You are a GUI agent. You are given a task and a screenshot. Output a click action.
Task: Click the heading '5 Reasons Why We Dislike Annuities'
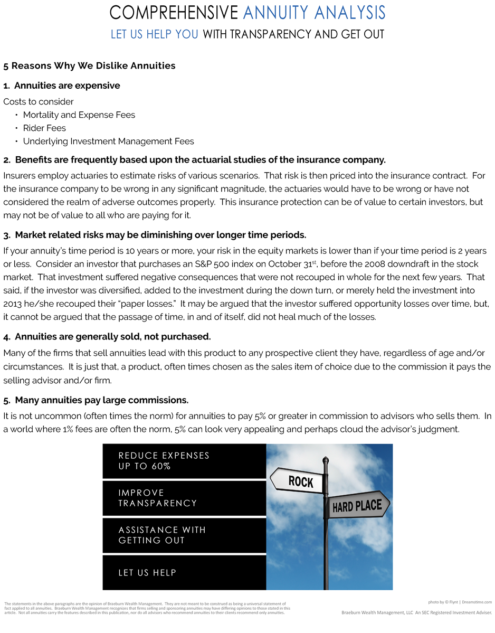tap(89, 66)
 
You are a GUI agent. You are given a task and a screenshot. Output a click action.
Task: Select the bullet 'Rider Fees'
tap(44, 128)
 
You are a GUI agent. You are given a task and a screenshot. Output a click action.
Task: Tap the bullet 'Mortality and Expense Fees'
tap(79, 115)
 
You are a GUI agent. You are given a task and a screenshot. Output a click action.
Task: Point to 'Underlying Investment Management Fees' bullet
tap(108, 141)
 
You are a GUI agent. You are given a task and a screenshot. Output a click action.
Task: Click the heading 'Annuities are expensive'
tap(67, 86)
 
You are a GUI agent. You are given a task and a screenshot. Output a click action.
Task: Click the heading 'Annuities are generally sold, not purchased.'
tap(112, 337)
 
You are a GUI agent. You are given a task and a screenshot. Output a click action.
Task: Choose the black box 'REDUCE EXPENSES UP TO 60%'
tap(184, 461)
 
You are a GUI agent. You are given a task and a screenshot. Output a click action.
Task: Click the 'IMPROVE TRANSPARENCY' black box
tap(184, 498)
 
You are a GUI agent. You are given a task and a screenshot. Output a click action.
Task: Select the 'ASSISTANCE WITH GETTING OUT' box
tap(184, 535)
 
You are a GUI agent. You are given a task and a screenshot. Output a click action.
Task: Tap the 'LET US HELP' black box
tap(184, 572)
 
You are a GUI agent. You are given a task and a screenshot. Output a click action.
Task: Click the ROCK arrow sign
tap(299, 481)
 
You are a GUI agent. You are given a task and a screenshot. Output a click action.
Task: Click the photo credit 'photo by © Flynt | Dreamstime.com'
tap(460, 602)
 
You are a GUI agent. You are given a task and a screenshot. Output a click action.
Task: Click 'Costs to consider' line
tap(39, 102)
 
